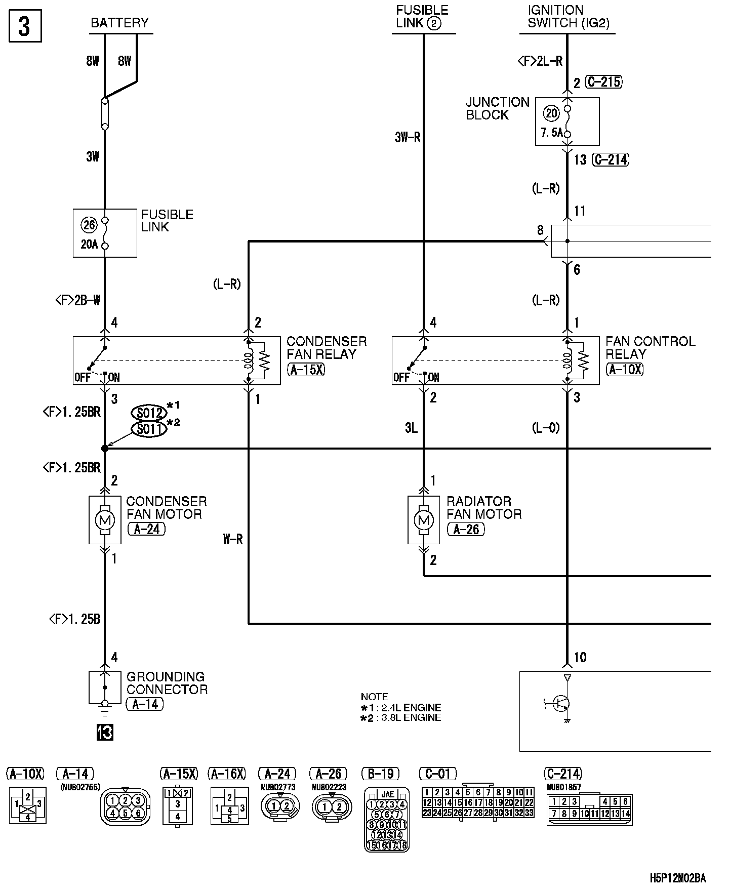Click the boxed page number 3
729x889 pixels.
pyautogui.click(x=25, y=27)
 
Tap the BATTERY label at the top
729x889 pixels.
pyautogui.click(x=120, y=23)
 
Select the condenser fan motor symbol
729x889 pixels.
pyautogui.click(x=105, y=520)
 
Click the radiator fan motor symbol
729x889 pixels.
pyautogui.click(x=424, y=520)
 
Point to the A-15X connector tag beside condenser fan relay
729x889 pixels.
pyautogui.click(x=306, y=369)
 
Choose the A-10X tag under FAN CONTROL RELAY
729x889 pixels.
pyautogui.click(x=625, y=369)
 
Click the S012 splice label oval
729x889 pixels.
pyautogui.click(x=149, y=413)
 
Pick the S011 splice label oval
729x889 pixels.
pyautogui.click(x=149, y=429)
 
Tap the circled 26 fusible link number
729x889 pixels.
pyautogui.click(x=89, y=224)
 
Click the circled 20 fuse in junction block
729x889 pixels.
pyautogui.click(x=551, y=113)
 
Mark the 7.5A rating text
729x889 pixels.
pyautogui.click(x=551, y=133)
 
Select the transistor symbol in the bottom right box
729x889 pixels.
pyautogui.click(x=561, y=703)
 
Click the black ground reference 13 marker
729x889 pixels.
pyautogui.click(x=105, y=733)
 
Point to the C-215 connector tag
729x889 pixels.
pyautogui.click(x=603, y=82)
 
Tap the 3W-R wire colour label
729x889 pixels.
pyautogui.click(x=408, y=138)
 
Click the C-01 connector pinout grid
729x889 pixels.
pyautogui.click(x=478, y=802)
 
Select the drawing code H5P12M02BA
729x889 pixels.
pyautogui.click(x=678, y=878)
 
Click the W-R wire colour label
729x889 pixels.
pyautogui.click(x=233, y=540)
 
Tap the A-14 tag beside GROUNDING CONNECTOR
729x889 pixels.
pyautogui.click(x=145, y=704)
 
